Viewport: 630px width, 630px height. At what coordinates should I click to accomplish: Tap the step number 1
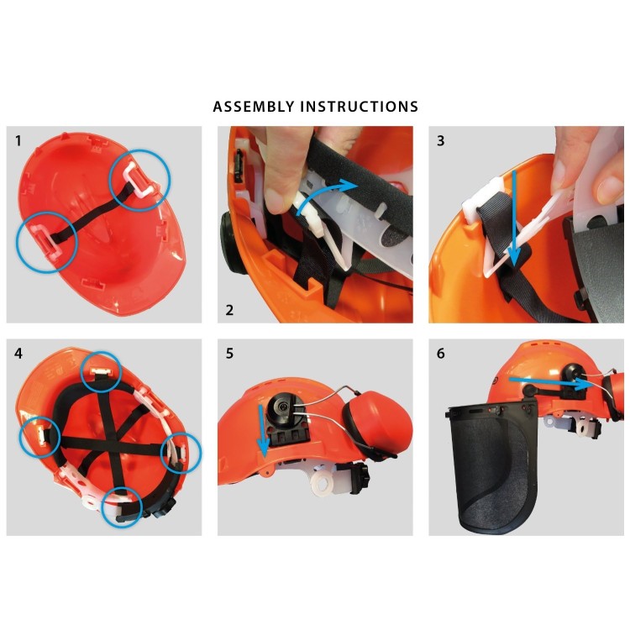click(x=18, y=141)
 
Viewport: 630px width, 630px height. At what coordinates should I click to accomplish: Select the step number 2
click(x=229, y=309)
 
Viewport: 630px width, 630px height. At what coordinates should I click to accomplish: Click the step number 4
click(x=18, y=354)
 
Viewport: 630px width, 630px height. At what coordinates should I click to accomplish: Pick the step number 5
click(x=229, y=354)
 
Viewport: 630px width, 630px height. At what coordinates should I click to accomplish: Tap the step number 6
click(x=441, y=354)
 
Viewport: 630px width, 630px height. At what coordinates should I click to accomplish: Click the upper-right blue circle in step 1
click(x=140, y=180)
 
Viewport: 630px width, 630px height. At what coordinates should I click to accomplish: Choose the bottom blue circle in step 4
click(x=121, y=507)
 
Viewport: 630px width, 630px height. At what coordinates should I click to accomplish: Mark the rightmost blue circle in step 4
click(x=181, y=452)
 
